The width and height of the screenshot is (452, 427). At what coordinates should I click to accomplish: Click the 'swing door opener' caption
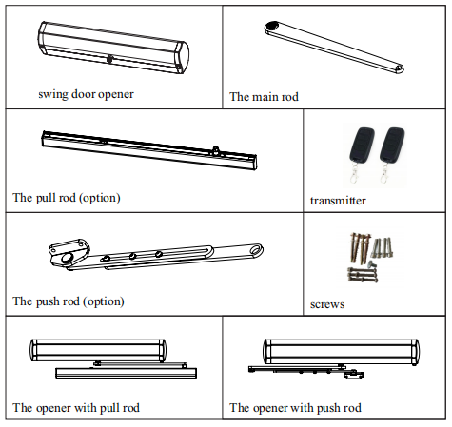click(x=86, y=94)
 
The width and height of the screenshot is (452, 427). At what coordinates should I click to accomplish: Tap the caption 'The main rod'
click(x=264, y=97)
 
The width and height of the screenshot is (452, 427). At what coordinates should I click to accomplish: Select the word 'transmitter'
click(x=338, y=201)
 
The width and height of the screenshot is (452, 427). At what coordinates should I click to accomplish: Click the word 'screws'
click(x=327, y=304)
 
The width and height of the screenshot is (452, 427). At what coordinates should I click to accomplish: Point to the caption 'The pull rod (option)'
click(x=67, y=198)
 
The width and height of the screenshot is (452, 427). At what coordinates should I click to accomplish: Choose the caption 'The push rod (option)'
click(x=69, y=301)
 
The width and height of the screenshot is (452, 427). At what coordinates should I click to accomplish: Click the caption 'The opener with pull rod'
click(x=76, y=408)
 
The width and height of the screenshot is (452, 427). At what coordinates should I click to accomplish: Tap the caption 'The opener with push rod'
click(x=295, y=408)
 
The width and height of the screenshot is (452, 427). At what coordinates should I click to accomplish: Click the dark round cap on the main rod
click(x=272, y=26)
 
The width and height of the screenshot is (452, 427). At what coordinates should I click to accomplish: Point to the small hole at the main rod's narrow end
click(x=400, y=68)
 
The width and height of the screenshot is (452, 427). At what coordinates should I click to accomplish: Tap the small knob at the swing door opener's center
click(x=110, y=59)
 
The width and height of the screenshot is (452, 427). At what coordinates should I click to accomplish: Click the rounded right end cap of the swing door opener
click(x=182, y=57)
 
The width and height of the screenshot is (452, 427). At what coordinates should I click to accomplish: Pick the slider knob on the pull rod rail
click(x=216, y=150)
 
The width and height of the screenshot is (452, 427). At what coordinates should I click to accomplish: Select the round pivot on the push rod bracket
click(x=67, y=259)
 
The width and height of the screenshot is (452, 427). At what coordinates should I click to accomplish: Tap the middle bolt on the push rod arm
click(x=132, y=256)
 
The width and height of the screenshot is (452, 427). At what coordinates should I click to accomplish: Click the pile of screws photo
click(x=370, y=258)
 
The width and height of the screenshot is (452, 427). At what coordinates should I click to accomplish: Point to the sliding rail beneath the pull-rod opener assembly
click(x=126, y=374)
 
